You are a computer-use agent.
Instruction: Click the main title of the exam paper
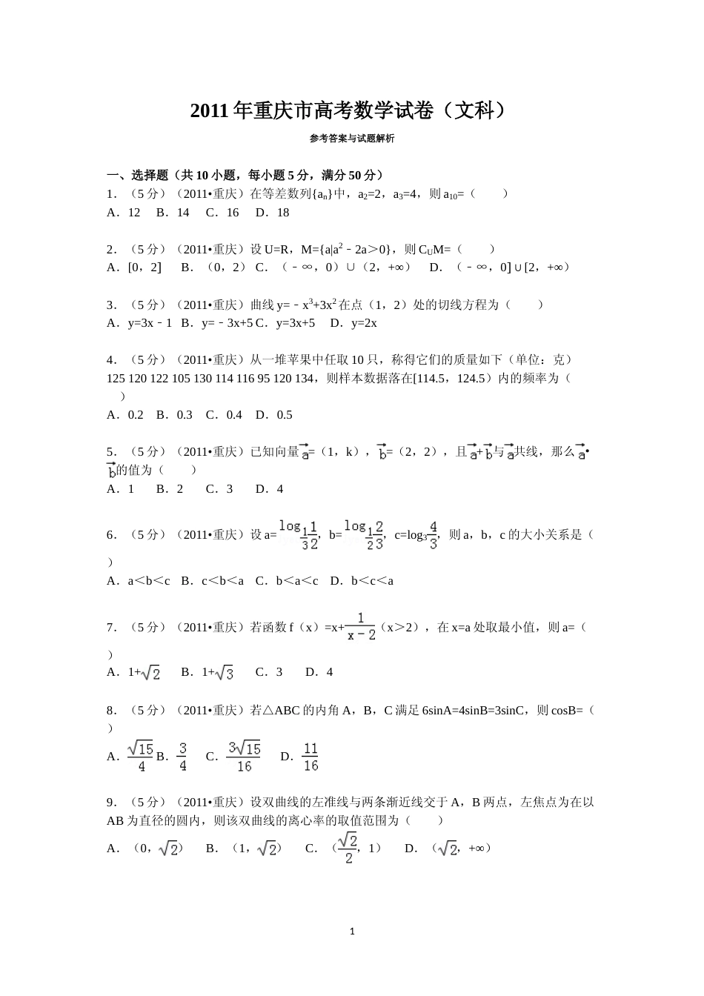pos(351,111)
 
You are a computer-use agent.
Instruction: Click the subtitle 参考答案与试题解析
pos(352,139)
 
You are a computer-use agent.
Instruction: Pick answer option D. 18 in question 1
pos(272,213)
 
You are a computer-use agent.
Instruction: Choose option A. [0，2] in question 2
pos(134,268)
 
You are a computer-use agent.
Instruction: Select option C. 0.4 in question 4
pos(224,415)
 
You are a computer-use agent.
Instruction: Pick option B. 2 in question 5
pos(170,489)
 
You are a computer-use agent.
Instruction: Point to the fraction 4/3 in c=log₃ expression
pos(434,535)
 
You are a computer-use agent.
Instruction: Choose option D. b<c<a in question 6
pos(362,581)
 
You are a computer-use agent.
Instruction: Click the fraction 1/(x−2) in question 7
pos(362,627)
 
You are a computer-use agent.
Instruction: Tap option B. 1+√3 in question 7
pos(207,673)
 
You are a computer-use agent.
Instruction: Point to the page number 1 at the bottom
pos(352,932)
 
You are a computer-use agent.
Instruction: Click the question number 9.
pos(111,803)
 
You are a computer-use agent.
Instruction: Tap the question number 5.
pos(111,452)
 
